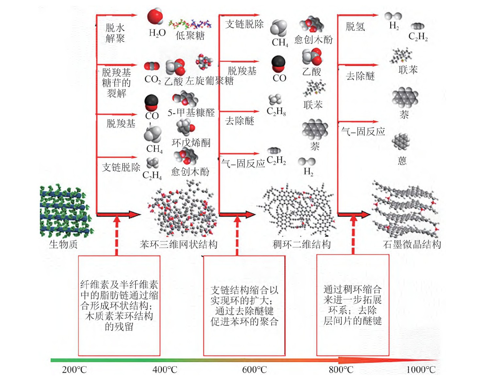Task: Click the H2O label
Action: (x=157, y=33)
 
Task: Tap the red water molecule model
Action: (x=155, y=16)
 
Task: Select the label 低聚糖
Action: (x=190, y=35)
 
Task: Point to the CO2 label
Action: (x=152, y=79)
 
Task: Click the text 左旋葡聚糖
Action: (x=210, y=80)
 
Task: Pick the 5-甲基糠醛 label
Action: (x=191, y=113)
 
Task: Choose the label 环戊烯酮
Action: (x=191, y=143)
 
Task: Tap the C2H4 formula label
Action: (x=152, y=175)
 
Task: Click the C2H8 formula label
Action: (x=276, y=112)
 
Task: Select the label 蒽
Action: (x=402, y=161)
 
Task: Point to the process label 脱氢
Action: (x=355, y=26)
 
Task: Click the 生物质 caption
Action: (x=63, y=244)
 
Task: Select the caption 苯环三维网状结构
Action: (x=179, y=244)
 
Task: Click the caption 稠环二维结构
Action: (x=301, y=244)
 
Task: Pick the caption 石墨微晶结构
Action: (x=412, y=244)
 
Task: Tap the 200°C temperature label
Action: (x=74, y=370)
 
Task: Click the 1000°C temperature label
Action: (x=421, y=370)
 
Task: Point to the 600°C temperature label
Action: (x=254, y=370)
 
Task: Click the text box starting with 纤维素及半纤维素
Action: (x=119, y=305)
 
